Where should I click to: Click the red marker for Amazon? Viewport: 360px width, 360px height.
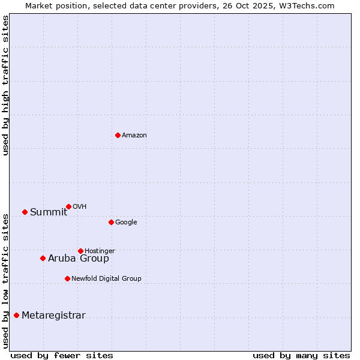(118, 135)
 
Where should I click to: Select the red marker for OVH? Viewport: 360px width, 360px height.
(68, 206)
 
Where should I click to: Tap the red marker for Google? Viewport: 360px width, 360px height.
(111, 222)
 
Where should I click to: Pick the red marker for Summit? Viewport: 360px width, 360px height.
(25, 212)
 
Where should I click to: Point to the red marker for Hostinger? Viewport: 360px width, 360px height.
(80, 251)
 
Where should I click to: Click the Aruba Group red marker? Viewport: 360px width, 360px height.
(43, 258)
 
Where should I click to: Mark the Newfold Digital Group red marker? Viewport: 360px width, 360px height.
(67, 278)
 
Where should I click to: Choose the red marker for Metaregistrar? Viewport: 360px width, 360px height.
(16, 315)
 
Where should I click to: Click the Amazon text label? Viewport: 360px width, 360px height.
(134, 136)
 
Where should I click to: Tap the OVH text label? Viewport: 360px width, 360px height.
(80, 207)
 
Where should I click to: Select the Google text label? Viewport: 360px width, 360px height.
(126, 223)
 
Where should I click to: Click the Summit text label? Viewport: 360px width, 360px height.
(49, 212)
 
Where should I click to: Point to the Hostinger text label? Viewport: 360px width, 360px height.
(100, 251)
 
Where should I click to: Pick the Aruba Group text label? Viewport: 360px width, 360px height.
(79, 259)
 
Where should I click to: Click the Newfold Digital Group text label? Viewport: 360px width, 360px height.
(106, 278)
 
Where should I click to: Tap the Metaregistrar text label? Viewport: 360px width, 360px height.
(53, 316)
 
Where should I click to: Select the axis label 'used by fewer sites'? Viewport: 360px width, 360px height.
(62, 355)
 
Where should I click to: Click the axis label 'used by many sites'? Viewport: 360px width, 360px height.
(301, 355)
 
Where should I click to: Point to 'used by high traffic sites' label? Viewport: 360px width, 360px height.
(6, 85)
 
